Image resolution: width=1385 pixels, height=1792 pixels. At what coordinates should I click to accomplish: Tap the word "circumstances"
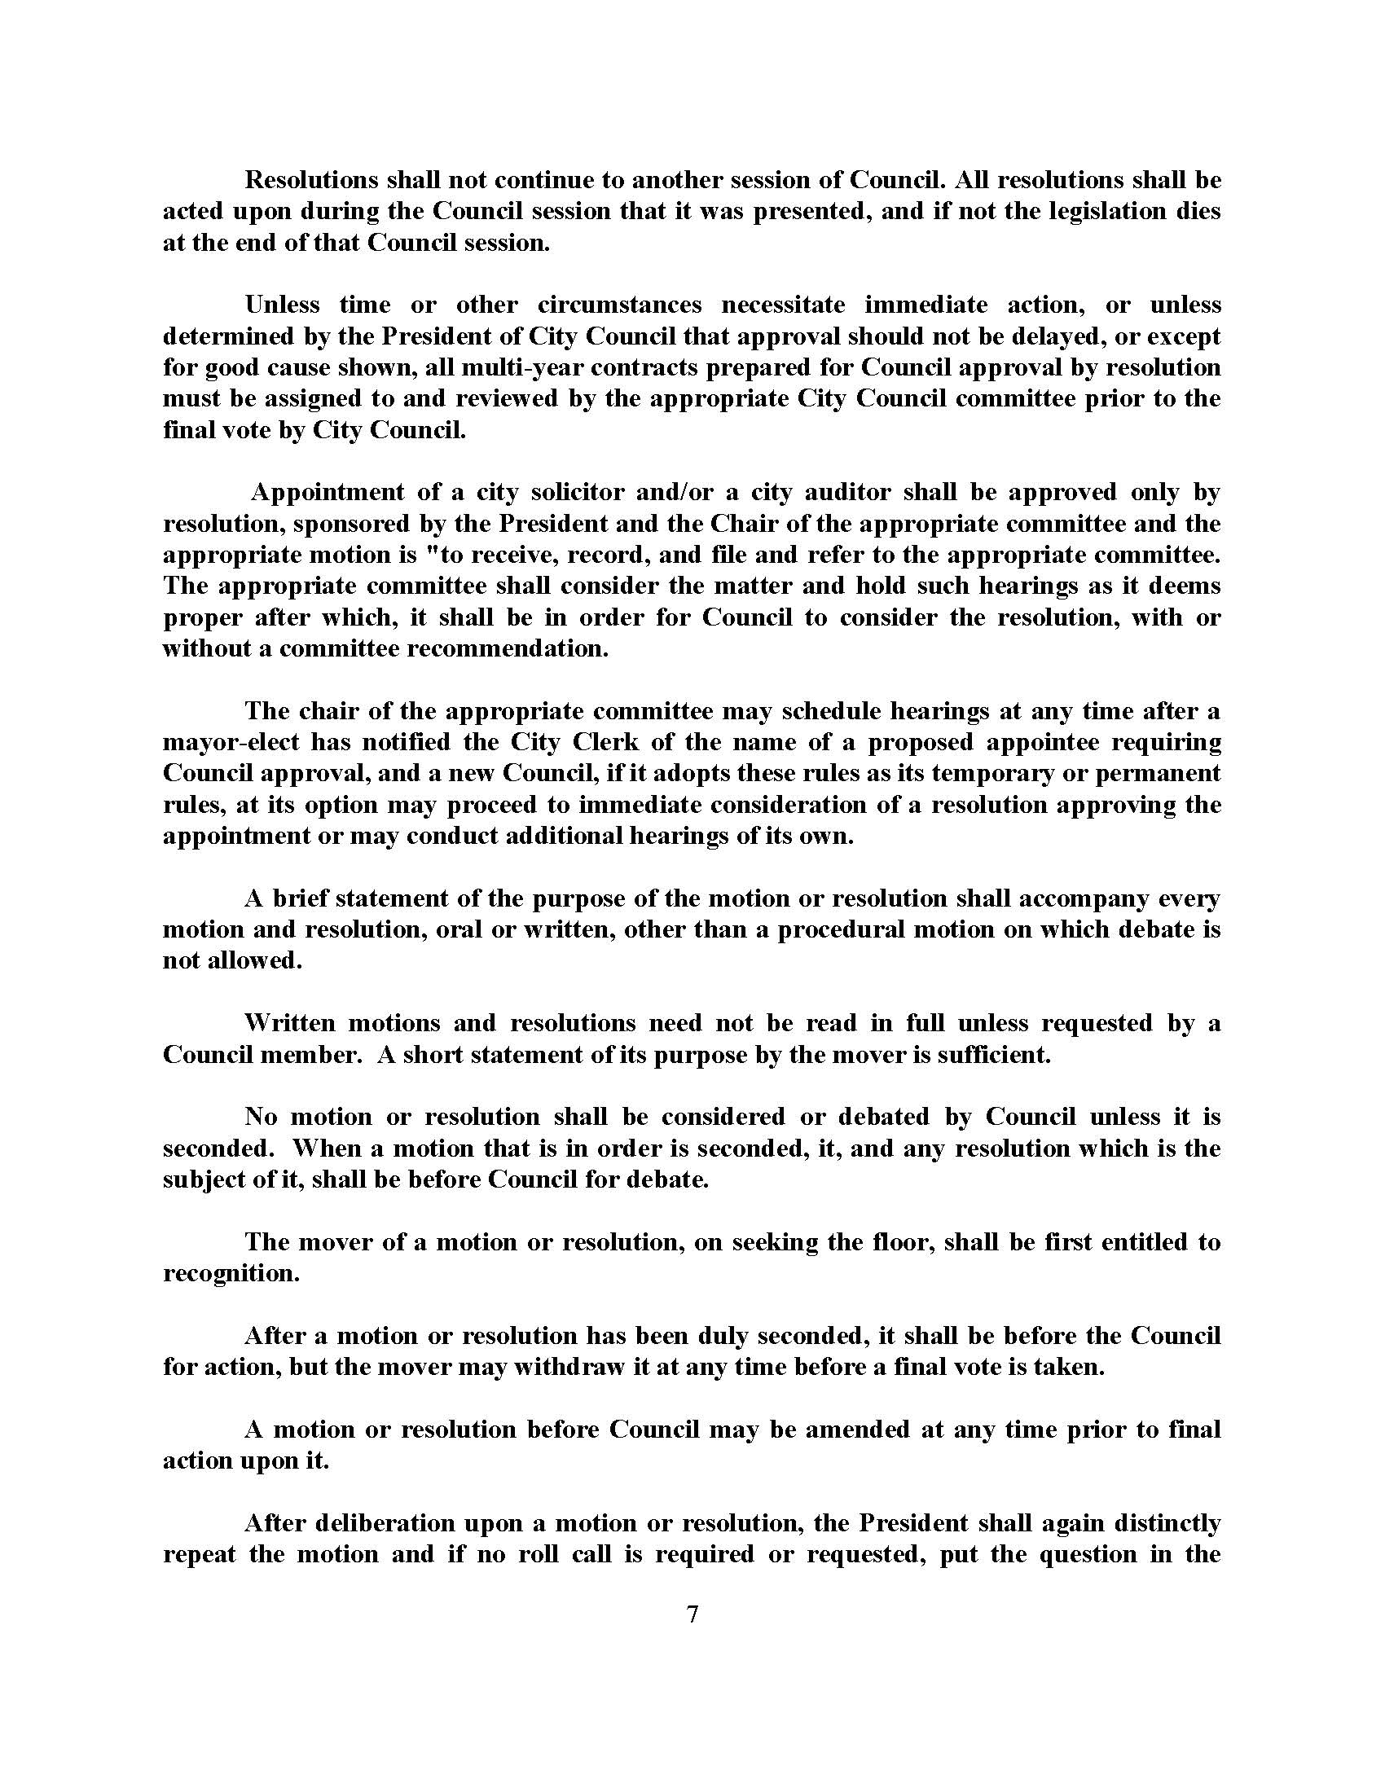619,305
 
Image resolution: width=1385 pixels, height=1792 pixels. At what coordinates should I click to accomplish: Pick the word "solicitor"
582,492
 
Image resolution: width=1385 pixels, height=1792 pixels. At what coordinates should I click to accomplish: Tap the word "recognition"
231,1273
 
